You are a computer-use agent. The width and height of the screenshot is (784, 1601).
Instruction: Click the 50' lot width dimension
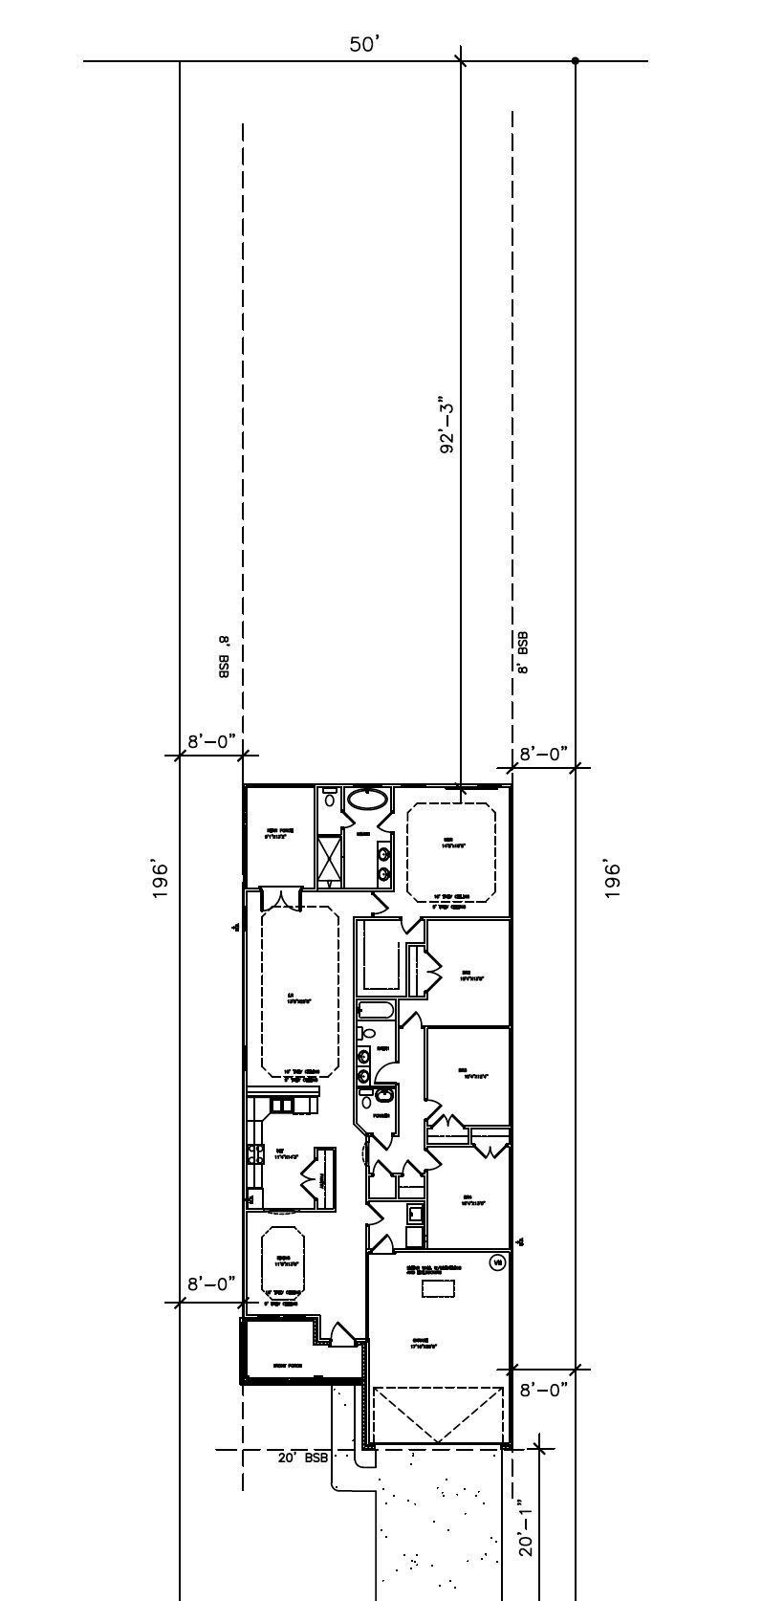coord(365,45)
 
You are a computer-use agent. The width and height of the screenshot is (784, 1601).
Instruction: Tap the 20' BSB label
coord(303,1458)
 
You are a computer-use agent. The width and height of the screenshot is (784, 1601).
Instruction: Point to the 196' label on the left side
coord(161,880)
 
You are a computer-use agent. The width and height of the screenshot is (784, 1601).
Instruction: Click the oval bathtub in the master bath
coord(367,800)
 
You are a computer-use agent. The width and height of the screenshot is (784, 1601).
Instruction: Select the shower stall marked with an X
coord(331,856)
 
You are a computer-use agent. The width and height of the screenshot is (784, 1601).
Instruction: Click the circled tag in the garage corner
coord(496,1263)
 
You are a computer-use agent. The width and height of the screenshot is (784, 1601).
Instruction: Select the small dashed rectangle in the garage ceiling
coord(439,1289)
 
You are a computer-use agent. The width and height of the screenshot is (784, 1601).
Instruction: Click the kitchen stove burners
coord(255,1153)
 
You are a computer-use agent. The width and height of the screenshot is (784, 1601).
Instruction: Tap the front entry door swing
coord(341,1334)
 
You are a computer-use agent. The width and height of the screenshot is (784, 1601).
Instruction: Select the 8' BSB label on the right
coord(523,653)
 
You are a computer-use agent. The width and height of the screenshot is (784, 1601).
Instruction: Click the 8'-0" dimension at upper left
coord(210,741)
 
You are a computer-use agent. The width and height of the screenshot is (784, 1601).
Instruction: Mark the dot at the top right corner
coord(576,61)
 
